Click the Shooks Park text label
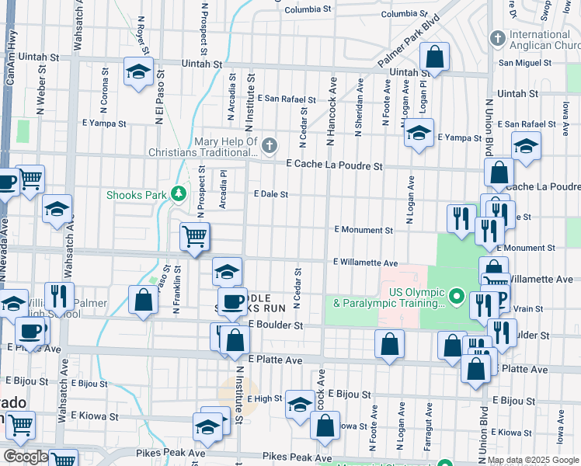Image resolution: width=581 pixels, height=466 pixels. [x=137, y=195]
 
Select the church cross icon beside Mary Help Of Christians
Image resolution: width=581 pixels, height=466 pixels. [x=269, y=144]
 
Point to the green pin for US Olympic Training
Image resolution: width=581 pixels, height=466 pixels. [x=457, y=297]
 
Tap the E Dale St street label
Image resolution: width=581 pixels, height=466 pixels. [x=271, y=194]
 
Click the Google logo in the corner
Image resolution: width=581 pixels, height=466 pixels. [x=25, y=457]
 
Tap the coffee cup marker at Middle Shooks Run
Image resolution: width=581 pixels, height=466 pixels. [x=231, y=300]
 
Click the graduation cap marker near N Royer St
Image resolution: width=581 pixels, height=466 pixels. [x=138, y=72]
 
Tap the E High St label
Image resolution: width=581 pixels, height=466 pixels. [x=266, y=398]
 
